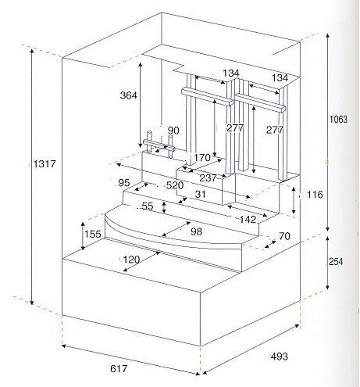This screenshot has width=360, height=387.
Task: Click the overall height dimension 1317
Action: point(45,164)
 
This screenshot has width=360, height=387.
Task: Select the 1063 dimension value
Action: point(338,120)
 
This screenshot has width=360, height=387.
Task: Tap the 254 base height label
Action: point(336,261)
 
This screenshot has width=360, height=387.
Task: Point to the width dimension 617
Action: point(119,369)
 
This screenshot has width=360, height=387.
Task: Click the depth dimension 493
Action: point(280,357)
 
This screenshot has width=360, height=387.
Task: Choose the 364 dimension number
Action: point(129,95)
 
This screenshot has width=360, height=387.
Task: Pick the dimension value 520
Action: point(175,185)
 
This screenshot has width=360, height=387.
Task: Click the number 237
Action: point(208,178)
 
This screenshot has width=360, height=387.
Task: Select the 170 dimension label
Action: point(202,157)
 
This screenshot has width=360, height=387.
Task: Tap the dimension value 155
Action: point(93,234)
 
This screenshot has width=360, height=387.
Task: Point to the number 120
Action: point(131,260)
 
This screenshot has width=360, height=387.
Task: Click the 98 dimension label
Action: point(196,231)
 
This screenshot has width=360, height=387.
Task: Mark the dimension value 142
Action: point(248,220)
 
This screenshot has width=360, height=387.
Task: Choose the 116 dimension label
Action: point(315,195)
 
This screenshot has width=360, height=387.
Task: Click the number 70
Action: point(284,236)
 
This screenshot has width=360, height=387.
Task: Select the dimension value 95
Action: point(124,183)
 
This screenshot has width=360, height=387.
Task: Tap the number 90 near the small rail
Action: point(173,131)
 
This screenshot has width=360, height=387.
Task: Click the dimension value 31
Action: point(200,194)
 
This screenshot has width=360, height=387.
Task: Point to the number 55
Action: point(148,206)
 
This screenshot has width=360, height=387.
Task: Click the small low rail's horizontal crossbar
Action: point(159,145)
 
